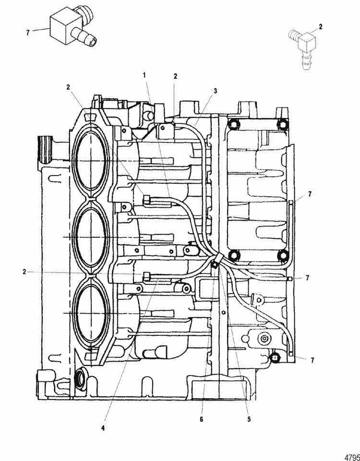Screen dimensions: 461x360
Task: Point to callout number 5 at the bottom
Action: (249, 418)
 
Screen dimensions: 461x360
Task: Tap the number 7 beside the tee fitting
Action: (28, 33)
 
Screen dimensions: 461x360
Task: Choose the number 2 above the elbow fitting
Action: (321, 27)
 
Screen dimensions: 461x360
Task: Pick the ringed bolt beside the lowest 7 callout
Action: (275, 357)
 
